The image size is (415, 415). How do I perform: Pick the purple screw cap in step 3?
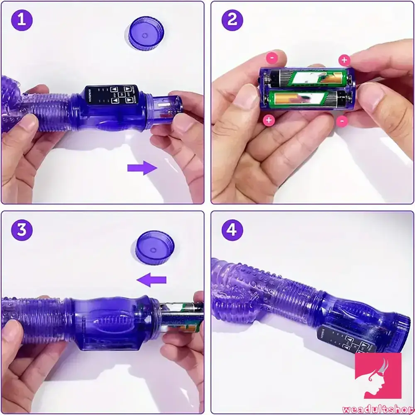(152, 249)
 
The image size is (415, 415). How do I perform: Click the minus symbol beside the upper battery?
(271, 58)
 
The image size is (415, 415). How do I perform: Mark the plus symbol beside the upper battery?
(344, 60)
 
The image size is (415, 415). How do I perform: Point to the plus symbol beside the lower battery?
(269, 121)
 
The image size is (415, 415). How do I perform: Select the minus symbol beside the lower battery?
(342, 121)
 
